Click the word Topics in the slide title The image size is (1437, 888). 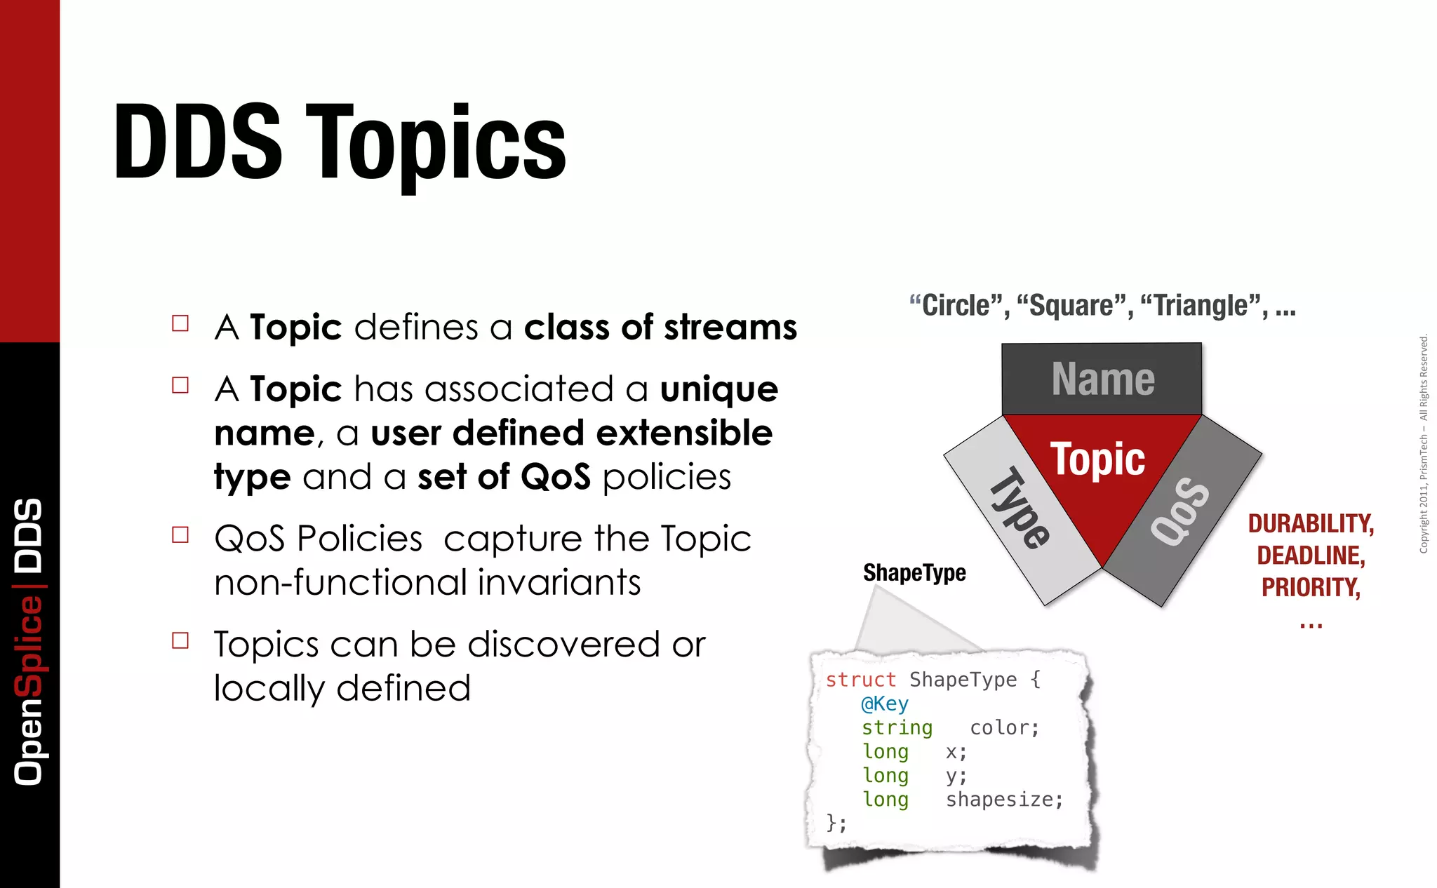coord(435,144)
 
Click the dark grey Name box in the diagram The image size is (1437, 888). coord(1102,379)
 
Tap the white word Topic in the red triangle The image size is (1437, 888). coord(1097,459)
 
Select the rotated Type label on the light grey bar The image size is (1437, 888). coord(1020,509)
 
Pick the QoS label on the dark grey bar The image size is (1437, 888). coord(1180,511)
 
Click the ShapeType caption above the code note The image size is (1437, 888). coord(914,573)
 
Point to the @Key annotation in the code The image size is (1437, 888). coord(885,704)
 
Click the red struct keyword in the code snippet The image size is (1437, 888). coord(860,680)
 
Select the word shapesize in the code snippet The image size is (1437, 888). coord(1003,800)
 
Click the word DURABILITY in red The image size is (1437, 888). coord(1310,524)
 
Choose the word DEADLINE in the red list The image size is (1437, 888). coord(1310,556)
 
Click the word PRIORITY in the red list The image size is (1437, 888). coord(1310,587)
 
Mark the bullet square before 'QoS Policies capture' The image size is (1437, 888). coord(180,535)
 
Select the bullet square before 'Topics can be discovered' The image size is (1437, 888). coord(180,640)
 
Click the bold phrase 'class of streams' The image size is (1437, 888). coord(660,328)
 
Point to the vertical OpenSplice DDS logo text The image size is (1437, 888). coord(29,641)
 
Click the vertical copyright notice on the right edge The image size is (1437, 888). coord(1423,443)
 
